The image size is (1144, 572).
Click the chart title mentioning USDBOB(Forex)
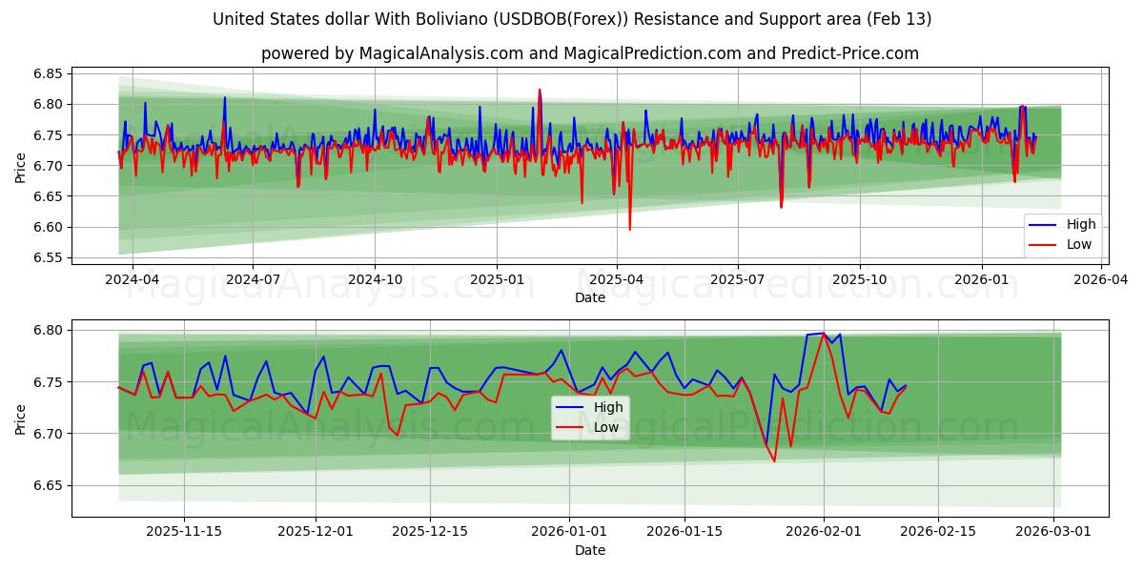[572, 19]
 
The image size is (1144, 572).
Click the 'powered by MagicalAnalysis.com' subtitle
[590, 53]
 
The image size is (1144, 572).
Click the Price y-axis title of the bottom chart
[21, 419]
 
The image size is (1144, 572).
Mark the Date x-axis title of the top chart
[589, 298]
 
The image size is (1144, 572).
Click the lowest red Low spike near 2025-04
[629, 230]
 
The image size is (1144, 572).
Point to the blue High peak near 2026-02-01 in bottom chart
[824, 333]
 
